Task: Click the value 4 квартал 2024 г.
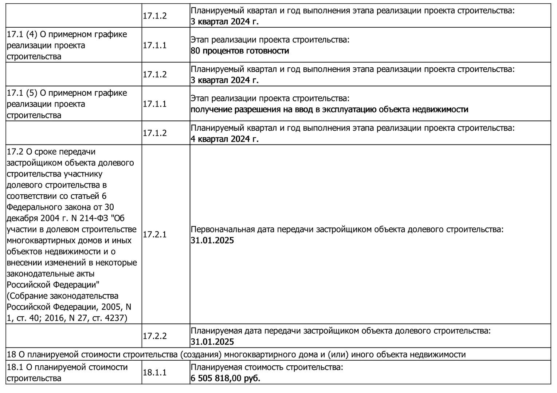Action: (224, 139)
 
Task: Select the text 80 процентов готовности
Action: (240, 51)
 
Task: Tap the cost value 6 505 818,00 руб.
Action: (225, 378)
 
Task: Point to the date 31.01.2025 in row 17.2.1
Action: (212, 241)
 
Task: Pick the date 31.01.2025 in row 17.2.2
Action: (212, 342)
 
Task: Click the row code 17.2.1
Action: (154, 235)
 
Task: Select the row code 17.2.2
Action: (154, 336)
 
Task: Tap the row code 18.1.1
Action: (154, 373)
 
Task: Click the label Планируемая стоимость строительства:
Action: (267, 367)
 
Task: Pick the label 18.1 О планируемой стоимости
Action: (67, 367)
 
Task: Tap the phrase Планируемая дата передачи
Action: (246, 331)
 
